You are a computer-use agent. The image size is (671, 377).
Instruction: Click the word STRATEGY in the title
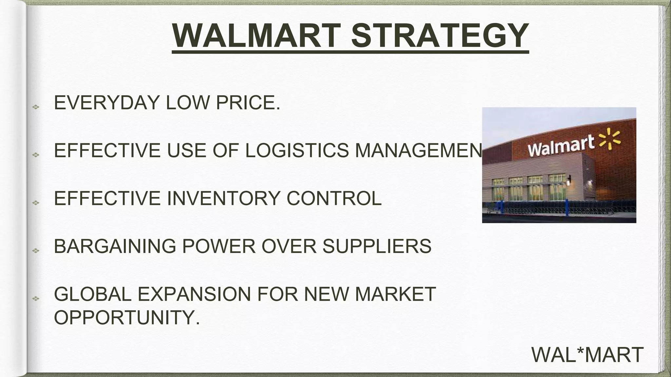pyautogui.click(x=440, y=36)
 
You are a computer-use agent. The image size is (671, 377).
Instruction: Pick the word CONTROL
pyautogui.click(x=334, y=198)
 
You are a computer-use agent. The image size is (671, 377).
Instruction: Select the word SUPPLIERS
pyautogui.click(x=377, y=246)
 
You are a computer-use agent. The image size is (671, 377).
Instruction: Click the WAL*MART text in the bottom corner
pyautogui.click(x=587, y=355)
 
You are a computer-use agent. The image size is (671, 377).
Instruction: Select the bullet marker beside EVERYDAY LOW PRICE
pyautogui.click(x=36, y=107)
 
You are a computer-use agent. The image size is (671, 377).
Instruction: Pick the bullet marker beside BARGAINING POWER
pyautogui.click(x=36, y=251)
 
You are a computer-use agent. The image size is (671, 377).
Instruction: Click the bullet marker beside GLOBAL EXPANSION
pyautogui.click(x=36, y=298)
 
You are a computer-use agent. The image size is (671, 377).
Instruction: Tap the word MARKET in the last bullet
pyautogui.click(x=395, y=294)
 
